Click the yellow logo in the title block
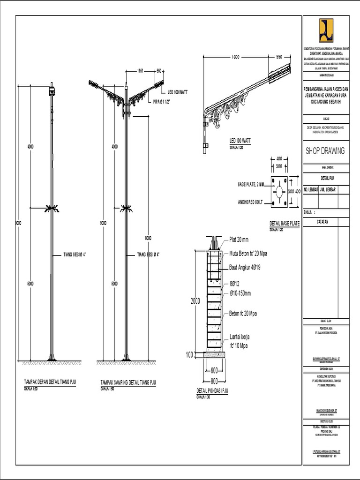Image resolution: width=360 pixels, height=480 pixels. coord(326,31)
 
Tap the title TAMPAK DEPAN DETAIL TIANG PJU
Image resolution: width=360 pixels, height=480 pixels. coord(50,382)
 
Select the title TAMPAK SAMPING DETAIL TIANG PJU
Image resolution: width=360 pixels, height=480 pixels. coord(128,382)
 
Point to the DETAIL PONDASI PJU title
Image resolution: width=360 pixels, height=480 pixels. coord(212,390)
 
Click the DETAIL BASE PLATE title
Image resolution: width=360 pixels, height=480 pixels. coord(285,224)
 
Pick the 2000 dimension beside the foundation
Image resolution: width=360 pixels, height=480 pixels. coord(195,301)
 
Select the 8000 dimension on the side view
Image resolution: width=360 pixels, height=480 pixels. coord(148,238)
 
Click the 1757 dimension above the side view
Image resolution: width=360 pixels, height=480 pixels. coord(140,71)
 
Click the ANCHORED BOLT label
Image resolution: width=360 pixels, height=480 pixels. coord(250,202)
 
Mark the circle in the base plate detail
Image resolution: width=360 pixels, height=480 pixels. coord(278,192)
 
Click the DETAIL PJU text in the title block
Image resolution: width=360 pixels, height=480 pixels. coord(326,178)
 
